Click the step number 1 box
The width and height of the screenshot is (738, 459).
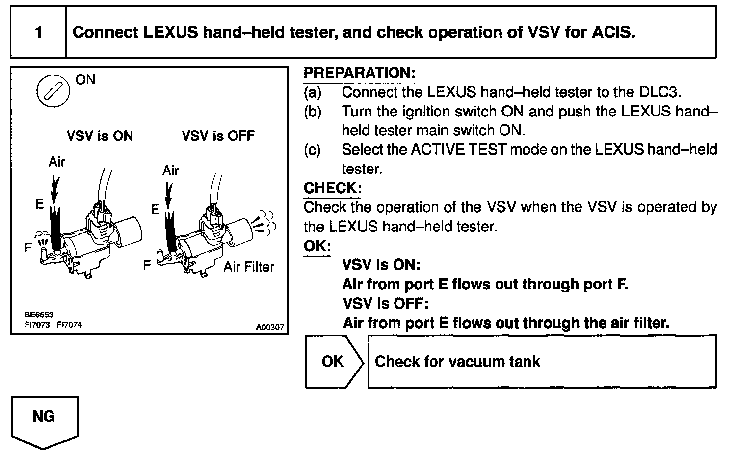(38, 33)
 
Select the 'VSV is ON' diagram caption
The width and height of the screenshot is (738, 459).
(100, 136)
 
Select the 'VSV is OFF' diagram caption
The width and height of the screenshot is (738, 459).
(218, 136)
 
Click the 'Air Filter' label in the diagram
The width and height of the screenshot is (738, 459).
(249, 267)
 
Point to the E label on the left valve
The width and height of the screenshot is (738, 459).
(40, 204)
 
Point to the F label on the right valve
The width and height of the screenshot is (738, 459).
(147, 266)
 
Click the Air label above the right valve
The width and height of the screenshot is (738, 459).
(171, 171)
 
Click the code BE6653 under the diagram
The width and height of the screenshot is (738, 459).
(39, 315)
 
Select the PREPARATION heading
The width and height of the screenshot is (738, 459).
(359, 73)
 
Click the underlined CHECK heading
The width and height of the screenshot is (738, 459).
(333, 188)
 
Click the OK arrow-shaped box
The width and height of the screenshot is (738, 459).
(334, 362)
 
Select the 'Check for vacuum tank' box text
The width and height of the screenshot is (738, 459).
(457, 362)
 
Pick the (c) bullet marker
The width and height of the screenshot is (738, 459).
(312, 150)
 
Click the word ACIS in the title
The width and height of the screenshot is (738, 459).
(613, 33)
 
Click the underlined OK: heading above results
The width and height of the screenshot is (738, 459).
(317, 246)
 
